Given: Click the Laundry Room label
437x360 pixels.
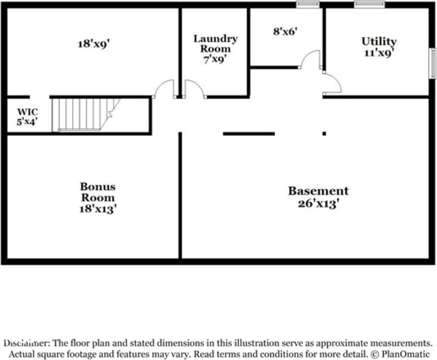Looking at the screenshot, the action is (215, 44).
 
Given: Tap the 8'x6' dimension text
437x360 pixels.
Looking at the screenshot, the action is (285, 31).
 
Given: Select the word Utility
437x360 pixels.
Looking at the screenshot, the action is (379, 42).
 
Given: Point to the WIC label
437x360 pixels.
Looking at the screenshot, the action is (27, 112).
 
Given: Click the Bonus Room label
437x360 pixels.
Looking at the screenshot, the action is (98, 192).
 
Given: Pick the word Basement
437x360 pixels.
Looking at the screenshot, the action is (318, 191).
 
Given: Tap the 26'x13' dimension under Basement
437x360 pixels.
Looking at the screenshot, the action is (318, 204).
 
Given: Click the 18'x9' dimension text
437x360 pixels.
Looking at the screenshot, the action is (94, 44).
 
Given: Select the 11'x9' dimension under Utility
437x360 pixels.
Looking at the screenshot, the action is (379, 52).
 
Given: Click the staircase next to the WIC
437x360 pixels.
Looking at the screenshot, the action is (86, 114).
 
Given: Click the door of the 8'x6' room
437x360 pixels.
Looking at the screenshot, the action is (310, 59).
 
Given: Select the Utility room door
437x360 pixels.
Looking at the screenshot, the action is (332, 83).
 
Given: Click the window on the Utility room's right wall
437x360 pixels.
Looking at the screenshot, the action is (432, 63).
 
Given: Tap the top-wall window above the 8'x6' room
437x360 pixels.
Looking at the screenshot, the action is (308, 4).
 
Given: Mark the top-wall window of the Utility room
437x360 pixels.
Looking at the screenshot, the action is (369, 4).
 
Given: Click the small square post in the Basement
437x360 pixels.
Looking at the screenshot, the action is (324, 134).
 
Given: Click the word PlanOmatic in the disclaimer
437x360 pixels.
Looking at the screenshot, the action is (405, 354).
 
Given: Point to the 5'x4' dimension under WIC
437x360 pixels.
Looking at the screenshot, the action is (27, 121).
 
